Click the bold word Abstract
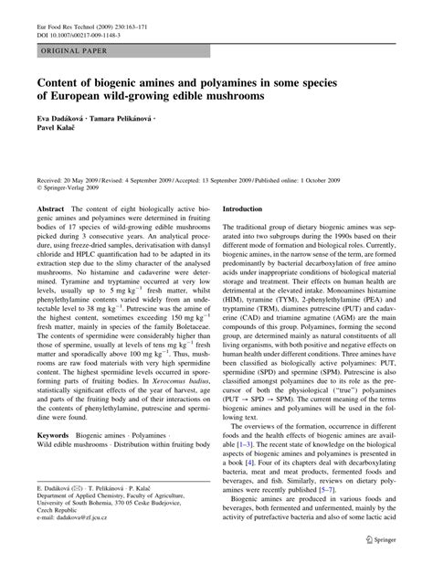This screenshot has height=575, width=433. (x=50, y=209)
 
